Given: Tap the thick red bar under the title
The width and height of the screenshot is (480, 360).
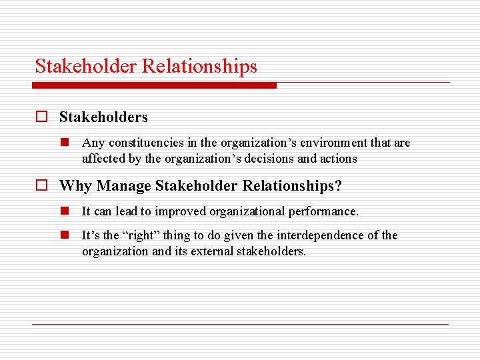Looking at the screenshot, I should click(x=155, y=85).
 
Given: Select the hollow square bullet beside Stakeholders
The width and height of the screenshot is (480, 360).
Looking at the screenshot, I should click(x=42, y=117).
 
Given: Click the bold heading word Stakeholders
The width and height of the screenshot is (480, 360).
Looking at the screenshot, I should click(x=103, y=117).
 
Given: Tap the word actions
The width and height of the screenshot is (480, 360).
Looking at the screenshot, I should click(x=338, y=159).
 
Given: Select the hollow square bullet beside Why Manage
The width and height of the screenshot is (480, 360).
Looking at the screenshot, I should click(x=42, y=186).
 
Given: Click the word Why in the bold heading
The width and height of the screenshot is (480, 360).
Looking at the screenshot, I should click(x=73, y=186).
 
